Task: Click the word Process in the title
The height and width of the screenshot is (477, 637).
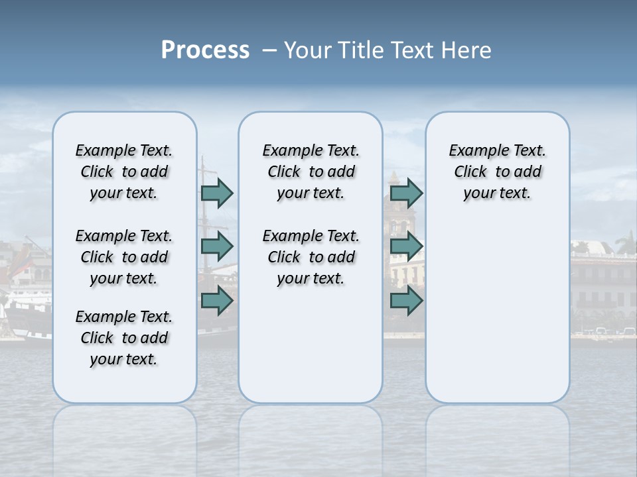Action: click(x=205, y=50)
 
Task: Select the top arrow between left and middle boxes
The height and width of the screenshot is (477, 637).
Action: click(x=217, y=193)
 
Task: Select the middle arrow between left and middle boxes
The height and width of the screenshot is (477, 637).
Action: click(x=217, y=246)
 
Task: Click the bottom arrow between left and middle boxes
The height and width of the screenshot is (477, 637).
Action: click(x=217, y=300)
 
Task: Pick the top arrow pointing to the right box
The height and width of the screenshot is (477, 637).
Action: click(x=406, y=193)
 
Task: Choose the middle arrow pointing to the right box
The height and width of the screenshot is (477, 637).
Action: click(x=406, y=246)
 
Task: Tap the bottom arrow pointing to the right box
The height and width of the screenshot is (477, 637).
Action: click(x=406, y=300)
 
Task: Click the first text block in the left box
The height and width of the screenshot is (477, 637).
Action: click(x=124, y=172)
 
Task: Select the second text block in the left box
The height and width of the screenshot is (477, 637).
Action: click(x=124, y=257)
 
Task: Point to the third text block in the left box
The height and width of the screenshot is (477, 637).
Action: click(x=124, y=338)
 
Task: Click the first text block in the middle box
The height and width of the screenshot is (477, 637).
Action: click(x=311, y=172)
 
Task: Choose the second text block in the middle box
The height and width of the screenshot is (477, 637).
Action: click(x=311, y=257)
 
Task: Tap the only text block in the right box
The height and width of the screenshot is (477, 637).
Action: click(x=497, y=172)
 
